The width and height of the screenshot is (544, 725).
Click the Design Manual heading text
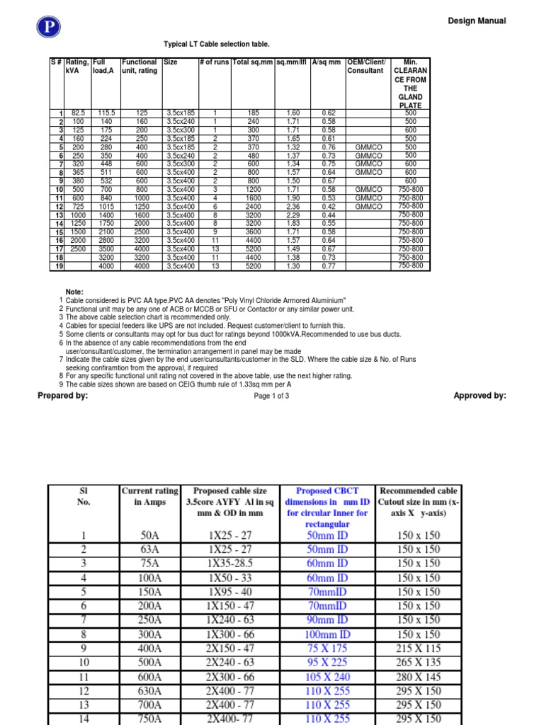pyautogui.click(x=477, y=21)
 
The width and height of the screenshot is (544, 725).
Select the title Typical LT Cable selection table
pyautogui.click(x=217, y=44)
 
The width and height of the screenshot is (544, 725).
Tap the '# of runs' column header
pyautogui.click(x=215, y=62)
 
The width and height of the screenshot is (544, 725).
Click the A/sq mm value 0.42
pyautogui.click(x=328, y=207)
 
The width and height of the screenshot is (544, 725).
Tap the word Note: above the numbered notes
pyautogui.click(x=75, y=292)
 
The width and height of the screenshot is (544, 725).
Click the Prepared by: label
pyautogui.click(x=62, y=396)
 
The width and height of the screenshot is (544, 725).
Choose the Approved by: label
pyautogui.click(x=480, y=396)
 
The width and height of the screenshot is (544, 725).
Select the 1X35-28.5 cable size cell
pyautogui.click(x=229, y=563)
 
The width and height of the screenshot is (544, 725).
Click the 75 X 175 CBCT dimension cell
pyautogui.click(x=327, y=649)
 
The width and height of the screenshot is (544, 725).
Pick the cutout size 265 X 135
pyautogui.click(x=418, y=663)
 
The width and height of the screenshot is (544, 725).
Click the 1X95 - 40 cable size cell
pyautogui.click(x=229, y=591)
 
